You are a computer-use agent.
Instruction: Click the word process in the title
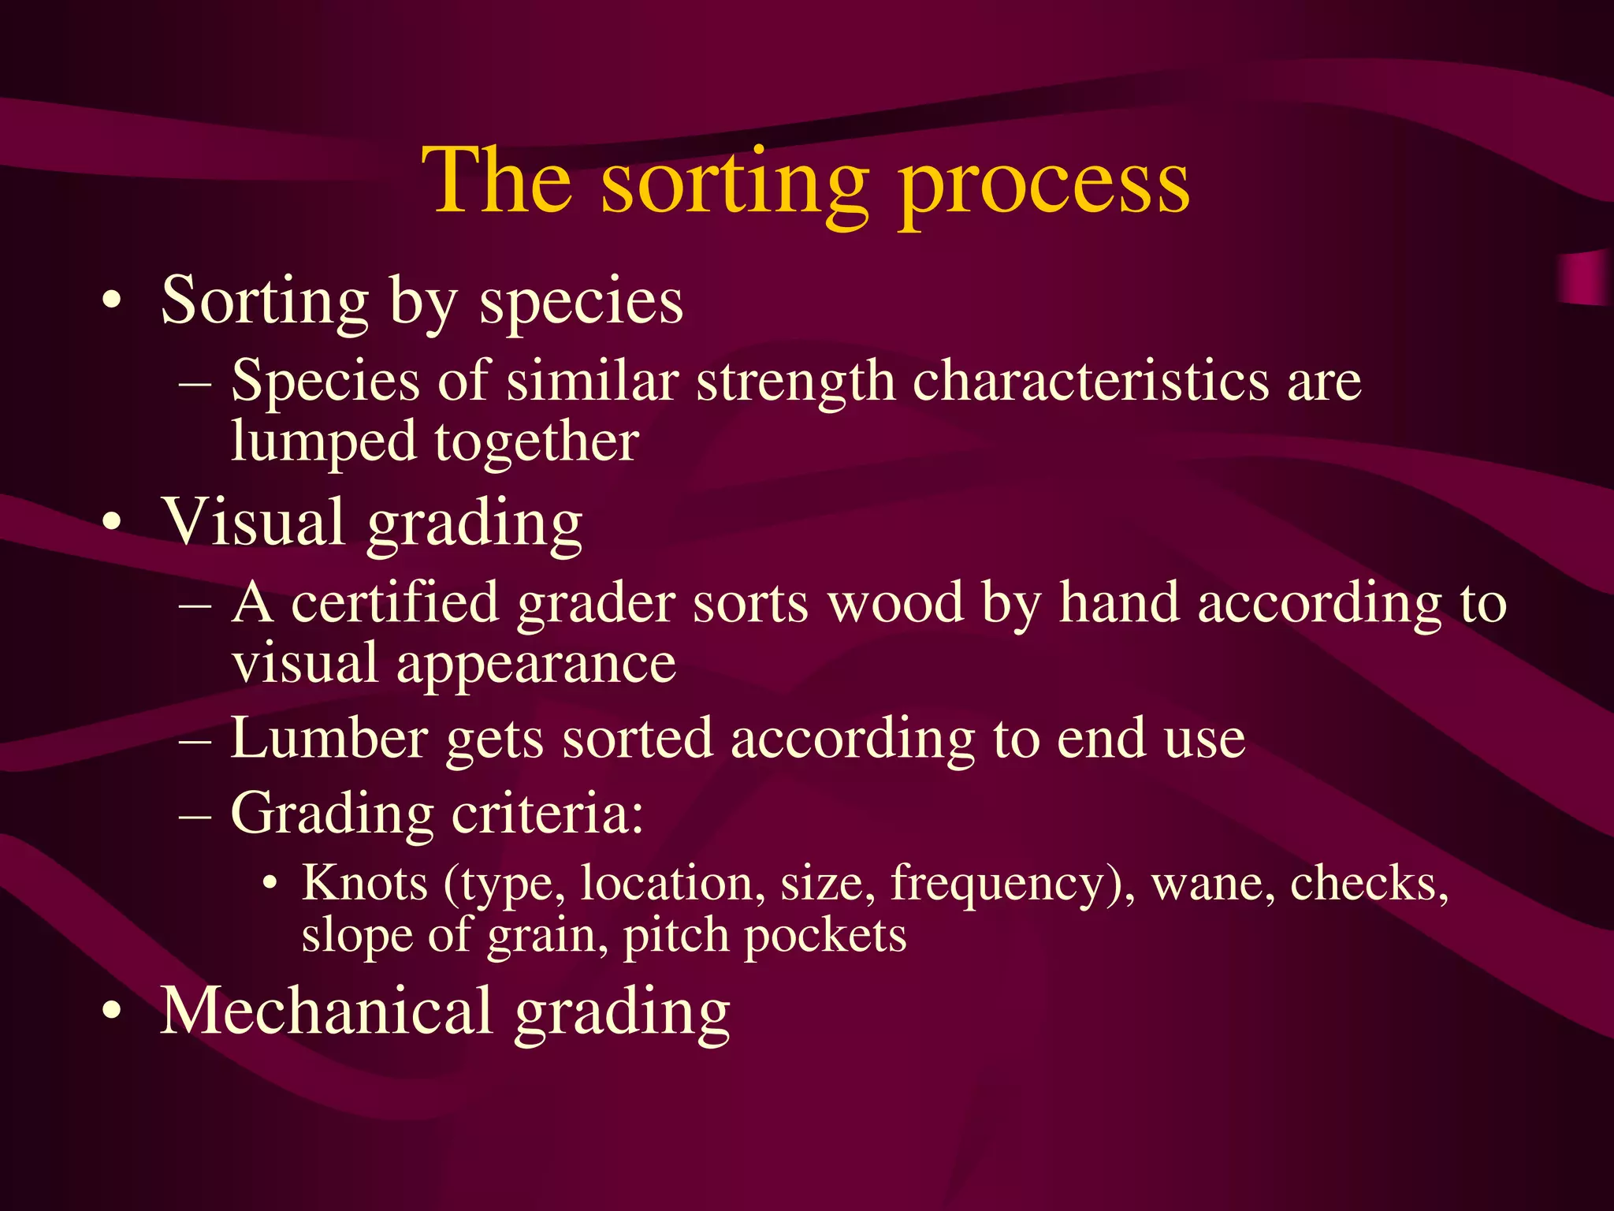(1043, 185)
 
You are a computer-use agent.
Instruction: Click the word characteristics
(1090, 382)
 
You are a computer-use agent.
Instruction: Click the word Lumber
(329, 740)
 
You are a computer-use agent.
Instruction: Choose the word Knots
(365, 883)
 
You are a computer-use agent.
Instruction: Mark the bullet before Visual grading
(113, 523)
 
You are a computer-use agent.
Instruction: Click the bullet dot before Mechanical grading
(113, 1012)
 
